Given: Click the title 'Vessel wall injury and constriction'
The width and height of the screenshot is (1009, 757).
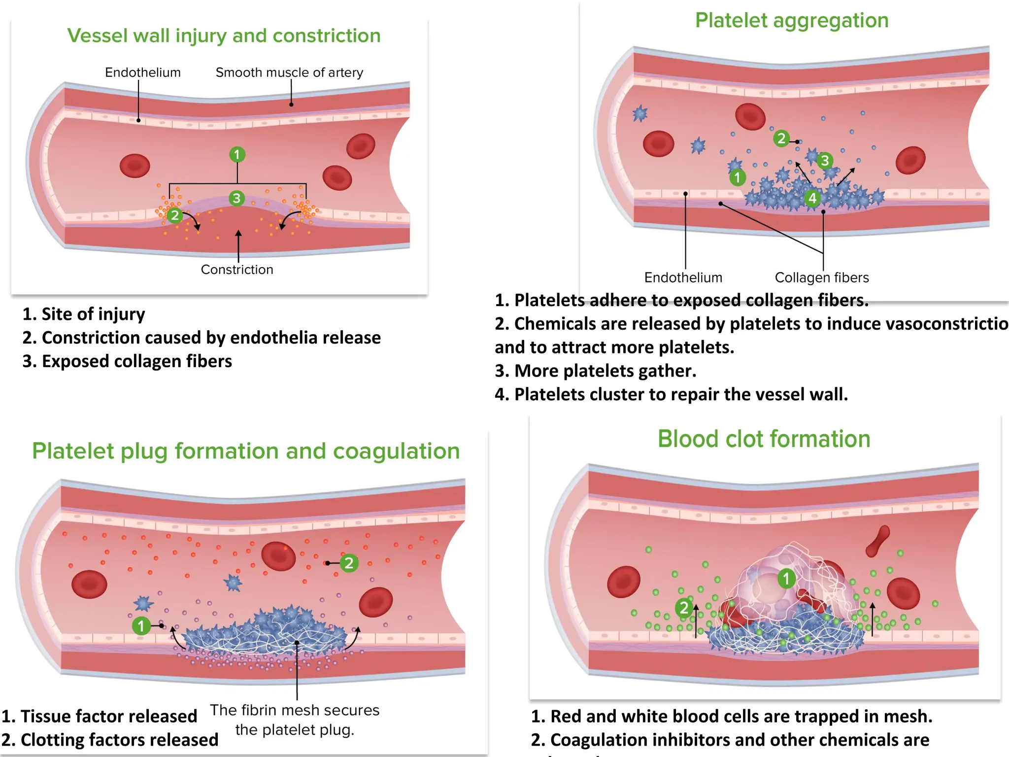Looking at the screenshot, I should coord(224,36).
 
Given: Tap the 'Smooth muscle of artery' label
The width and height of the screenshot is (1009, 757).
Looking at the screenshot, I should coord(289,72).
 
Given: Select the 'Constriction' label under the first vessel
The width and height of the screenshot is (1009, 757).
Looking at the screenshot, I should coord(237,270).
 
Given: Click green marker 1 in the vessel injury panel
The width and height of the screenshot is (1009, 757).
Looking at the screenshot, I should coord(237,155).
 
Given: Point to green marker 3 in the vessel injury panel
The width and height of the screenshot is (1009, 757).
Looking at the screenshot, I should coord(236,198).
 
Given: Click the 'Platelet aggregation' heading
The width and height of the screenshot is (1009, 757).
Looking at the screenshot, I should coord(791,21).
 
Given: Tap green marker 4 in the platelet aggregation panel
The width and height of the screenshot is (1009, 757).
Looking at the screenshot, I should coord(812,198).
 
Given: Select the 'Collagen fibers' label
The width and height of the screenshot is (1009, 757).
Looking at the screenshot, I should coord(821,277).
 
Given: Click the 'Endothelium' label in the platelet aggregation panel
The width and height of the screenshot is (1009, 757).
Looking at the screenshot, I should coord(683,277).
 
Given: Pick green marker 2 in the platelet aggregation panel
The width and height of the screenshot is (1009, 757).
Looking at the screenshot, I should coord(781,138).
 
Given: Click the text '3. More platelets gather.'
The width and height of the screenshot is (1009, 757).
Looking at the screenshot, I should coord(595,371).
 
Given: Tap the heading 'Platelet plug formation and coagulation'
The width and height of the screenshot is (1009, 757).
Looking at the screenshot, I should coord(246,451).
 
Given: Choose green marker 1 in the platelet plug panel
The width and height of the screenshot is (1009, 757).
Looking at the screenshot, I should coord(141,626).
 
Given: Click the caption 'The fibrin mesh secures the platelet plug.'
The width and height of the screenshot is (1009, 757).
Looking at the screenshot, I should coord(295,720).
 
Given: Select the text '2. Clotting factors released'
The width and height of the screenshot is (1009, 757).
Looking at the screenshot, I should coord(109,740).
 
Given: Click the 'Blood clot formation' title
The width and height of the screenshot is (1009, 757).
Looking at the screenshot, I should coord(764,439).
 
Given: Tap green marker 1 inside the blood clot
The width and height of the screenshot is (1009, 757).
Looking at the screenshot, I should coord(786,578).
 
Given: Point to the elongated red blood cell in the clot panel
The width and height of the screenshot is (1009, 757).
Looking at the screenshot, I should coord(878,541).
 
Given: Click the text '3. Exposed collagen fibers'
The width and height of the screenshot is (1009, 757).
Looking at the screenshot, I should coord(127,361).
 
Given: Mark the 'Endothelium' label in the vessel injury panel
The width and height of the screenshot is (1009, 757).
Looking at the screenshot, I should coord(143,72).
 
